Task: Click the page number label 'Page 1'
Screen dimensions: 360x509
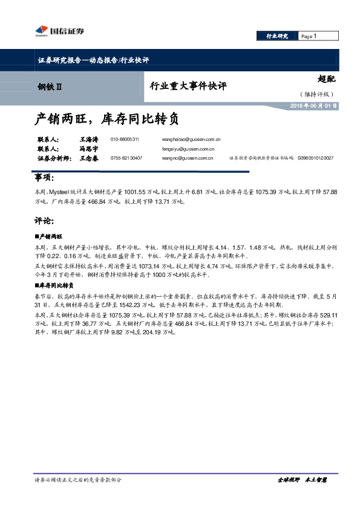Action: pos(309,36)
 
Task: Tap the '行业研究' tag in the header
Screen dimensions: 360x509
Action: pos(277,36)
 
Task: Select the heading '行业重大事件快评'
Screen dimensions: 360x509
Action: pos(188,86)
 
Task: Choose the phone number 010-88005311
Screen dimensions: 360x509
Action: pos(125,139)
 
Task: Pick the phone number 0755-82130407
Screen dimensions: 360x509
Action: pos(126,158)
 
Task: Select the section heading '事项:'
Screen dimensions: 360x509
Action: pos(44,178)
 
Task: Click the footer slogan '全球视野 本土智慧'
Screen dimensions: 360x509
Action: pos(301,479)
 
